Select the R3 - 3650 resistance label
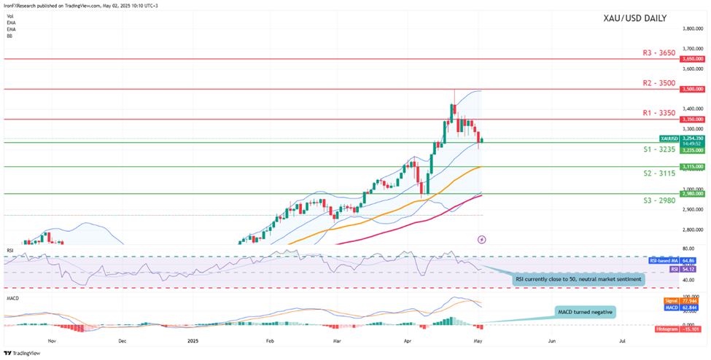[x=650, y=53]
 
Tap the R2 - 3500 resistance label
[x=650, y=84]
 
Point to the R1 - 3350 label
[x=650, y=113]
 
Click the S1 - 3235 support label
[x=650, y=149]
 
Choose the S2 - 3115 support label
[x=650, y=173]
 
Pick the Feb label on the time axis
[x=270, y=340]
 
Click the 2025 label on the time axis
[x=193, y=340]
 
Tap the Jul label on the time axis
[x=622, y=340]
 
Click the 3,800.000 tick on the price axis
[x=692, y=28]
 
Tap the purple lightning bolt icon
[x=481, y=239]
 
